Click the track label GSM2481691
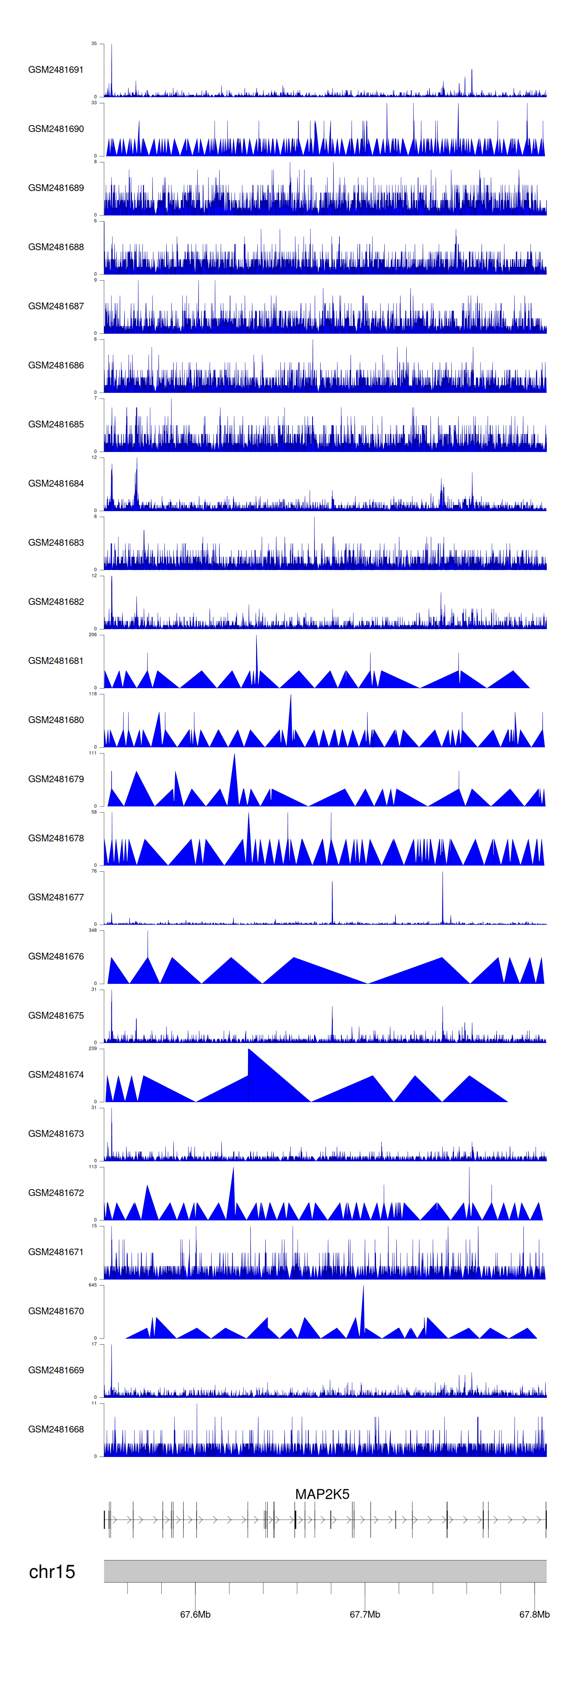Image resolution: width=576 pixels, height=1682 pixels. pos(56,70)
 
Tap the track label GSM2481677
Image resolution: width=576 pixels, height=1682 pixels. pos(56,897)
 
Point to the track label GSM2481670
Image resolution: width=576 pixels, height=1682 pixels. pos(56,1311)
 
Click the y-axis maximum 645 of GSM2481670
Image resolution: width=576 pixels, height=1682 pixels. pos(93,1285)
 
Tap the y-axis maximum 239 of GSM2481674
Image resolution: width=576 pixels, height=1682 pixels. pos(93,1049)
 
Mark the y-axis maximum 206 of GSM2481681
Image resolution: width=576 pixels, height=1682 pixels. pos(93,635)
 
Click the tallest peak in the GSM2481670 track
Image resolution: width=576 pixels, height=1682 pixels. pos(363,1288)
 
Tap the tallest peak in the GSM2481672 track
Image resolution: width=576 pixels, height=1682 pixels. pos(233,1169)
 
